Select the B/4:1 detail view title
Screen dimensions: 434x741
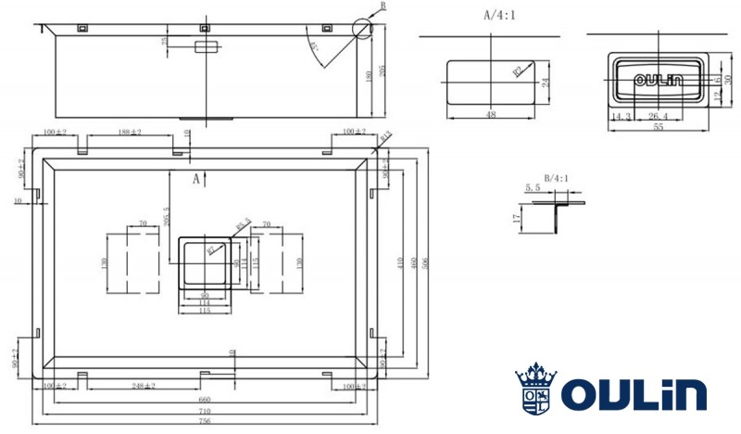tap(557, 176)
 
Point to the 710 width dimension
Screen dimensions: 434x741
tap(205, 410)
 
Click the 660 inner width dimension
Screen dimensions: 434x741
tap(205, 399)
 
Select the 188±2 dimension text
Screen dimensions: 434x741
tap(129, 132)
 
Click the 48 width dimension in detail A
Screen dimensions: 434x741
tap(490, 115)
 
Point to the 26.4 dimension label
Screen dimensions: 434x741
tap(659, 116)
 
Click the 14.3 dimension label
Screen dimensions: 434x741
tap(622, 116)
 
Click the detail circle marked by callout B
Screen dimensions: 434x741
tap(360, 29)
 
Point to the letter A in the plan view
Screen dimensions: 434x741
tap(195, 179)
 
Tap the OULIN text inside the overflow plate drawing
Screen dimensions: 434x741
tap(659, 81)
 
